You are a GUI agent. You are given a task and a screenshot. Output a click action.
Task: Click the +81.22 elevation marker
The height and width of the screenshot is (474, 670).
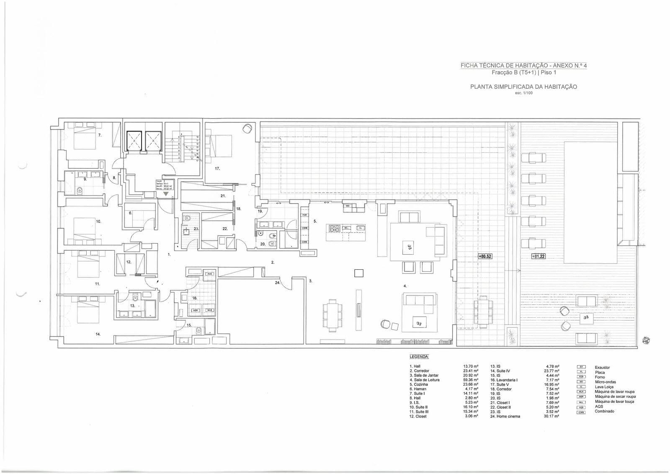(539, 256)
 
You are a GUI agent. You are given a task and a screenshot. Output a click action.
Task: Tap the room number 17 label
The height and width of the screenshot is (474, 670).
(217, 169)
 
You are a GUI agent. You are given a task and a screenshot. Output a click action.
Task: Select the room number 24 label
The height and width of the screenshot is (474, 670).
(277, 283)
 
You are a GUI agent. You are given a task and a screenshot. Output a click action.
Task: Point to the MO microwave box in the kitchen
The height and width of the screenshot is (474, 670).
(348, 206)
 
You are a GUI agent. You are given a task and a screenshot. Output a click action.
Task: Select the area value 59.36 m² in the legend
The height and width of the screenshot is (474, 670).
(471, 380)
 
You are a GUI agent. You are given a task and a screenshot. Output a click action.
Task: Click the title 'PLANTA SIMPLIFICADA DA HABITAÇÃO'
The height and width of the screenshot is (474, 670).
(523, 87)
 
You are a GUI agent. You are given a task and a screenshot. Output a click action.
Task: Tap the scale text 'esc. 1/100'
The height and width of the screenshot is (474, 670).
(523, 93)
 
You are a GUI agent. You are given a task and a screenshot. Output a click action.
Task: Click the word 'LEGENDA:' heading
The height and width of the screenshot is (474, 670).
(419, 357)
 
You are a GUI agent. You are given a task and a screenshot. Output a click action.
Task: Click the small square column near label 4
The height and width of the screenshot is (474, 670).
(359, 273)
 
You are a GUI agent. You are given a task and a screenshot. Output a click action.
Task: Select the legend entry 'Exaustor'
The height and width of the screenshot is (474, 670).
(602, 367)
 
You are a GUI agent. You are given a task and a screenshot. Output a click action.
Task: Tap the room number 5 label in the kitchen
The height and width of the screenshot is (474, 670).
(315, 221)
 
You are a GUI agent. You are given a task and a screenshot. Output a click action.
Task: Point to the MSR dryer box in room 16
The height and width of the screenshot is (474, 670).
(196, 310)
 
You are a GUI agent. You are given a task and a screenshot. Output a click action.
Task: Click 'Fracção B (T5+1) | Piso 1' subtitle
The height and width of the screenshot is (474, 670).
(523, 72)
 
